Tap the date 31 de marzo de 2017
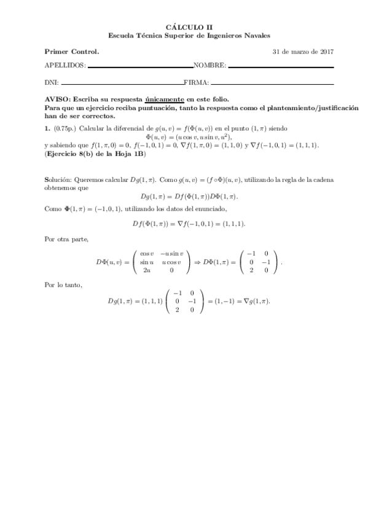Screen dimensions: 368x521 click(x=303, y=51)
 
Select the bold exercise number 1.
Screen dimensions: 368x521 click(x=47, y=128)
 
